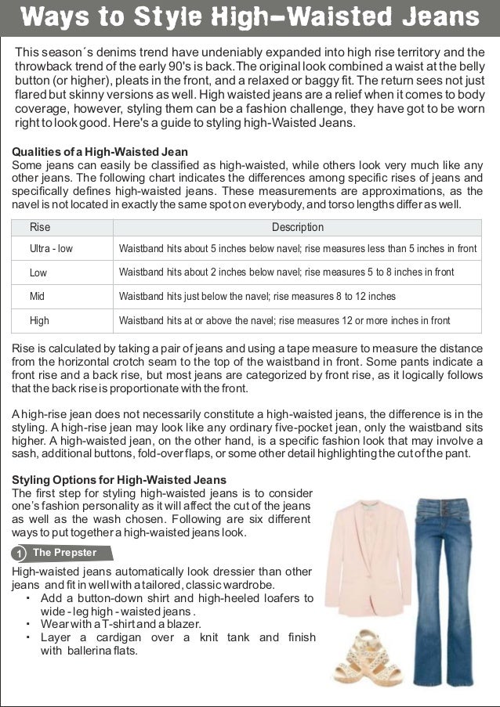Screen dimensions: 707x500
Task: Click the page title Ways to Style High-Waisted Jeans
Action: tap(249, 17)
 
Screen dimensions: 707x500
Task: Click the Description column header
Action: tap(297, 228)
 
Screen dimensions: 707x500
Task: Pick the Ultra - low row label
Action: tap(51, 249)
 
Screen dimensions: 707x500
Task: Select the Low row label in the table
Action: tap(38, 273)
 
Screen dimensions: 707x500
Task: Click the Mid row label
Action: tap(37, 297)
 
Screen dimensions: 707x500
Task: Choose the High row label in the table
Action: tap(39, 320)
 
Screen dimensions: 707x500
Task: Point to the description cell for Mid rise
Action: tap(256, 297)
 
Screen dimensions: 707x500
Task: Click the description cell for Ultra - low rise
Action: tap(297, 249)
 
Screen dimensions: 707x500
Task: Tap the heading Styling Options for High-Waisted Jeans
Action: tap(119, 479)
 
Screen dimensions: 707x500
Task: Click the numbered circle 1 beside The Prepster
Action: tap(18, 554)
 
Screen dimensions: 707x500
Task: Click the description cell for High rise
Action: tap(284, 320)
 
